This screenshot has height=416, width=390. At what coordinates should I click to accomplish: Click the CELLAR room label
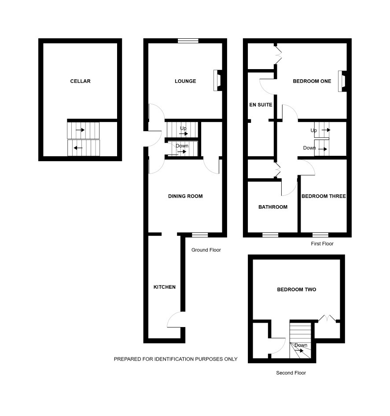[80, 81]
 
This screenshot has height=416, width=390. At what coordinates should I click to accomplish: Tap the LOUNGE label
[185, 81]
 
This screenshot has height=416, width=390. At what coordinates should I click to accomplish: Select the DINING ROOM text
[185, 196]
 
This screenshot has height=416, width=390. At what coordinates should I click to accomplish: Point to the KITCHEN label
[165, 287]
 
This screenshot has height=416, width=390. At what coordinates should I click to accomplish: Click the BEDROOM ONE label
[312, 81]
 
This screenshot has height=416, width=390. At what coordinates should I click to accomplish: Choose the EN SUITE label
[261, 105]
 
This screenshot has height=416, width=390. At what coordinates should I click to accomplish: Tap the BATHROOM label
[273, 207]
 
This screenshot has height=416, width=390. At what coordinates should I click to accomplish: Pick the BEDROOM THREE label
[324, 196]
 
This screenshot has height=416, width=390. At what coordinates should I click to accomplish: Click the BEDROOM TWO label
[297, 290]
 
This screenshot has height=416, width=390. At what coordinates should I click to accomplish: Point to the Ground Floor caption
[206, 250]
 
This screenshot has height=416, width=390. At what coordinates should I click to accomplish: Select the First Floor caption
[322, 243]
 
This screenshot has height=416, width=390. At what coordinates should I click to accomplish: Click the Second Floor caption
[291, 373]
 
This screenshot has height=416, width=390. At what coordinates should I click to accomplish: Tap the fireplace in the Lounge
[218, 81]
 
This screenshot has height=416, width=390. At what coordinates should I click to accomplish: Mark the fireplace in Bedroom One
[342, 81]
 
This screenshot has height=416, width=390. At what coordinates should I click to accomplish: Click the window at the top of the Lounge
[188, 40]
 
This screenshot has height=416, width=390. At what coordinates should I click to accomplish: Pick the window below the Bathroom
[270, 235]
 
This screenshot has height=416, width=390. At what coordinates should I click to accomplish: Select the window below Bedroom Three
[320, 235]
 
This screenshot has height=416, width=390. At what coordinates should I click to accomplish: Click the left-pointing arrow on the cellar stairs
[78, 148]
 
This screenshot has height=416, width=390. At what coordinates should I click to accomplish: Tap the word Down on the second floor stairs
[301, 345]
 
